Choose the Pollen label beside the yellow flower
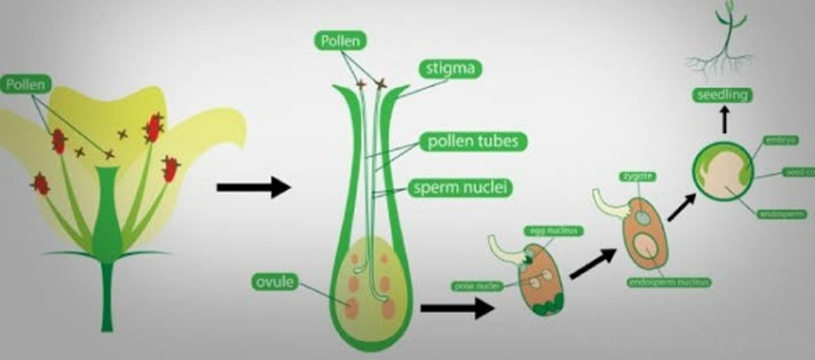(x=25, y=82)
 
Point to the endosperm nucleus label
(x=669, y=282)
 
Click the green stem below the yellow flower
(x=107, y=297)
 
